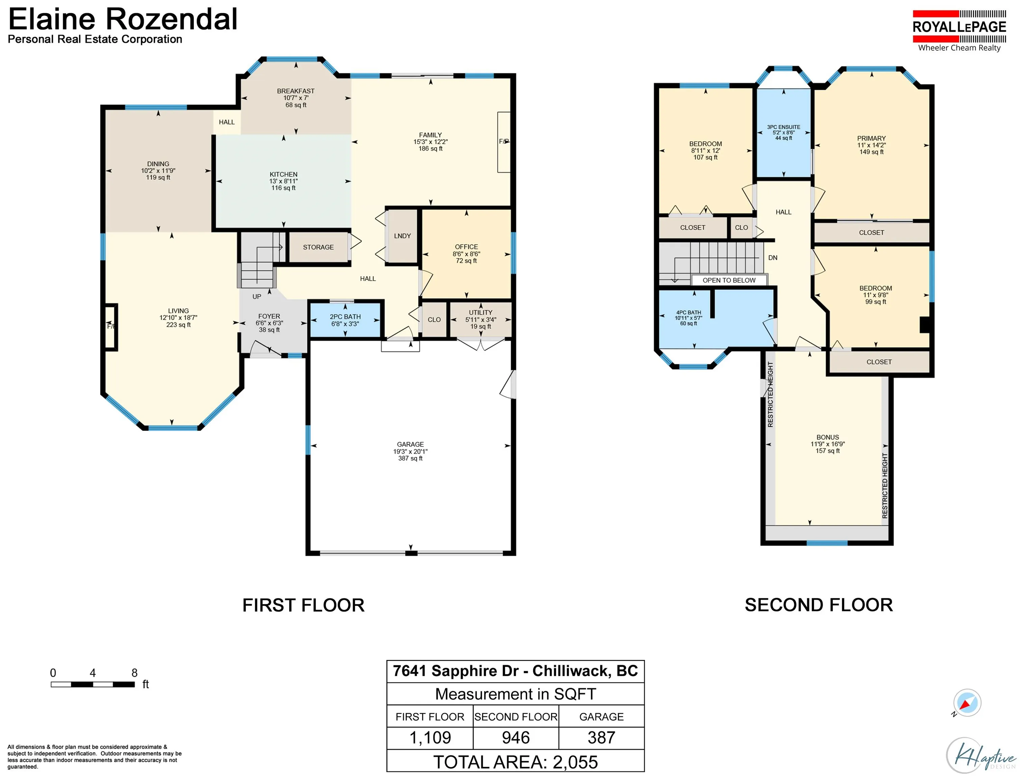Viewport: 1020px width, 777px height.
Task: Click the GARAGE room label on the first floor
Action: tap(410, 444)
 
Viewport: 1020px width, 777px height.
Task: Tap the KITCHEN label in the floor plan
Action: tap(283, 174)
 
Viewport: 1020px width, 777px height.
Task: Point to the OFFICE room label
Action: tap(466, 247)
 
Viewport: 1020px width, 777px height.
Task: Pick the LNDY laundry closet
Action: tap(402, 236)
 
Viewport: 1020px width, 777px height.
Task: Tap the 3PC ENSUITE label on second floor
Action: tap(783, 127)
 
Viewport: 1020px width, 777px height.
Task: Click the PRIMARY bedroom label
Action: tap(871, 138)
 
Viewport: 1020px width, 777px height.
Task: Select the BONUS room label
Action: tap(828, 437)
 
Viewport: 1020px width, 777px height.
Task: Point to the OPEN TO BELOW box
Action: tap(729, 280)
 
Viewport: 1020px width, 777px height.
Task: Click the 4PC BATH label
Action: tap(688, 313)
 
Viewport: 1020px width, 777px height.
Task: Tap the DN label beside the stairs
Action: tap(772, 258)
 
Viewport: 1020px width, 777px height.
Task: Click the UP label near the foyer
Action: tap(257, 296)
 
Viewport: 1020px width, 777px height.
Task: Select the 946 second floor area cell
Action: tap(515, 737)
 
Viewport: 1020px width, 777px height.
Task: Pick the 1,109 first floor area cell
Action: tap(430, 737)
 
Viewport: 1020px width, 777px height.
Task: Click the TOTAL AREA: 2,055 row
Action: tap(515, 762)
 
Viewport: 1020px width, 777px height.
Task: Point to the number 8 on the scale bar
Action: tap(134, 673)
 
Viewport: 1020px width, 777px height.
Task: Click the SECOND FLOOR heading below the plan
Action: tap(818, 605)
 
